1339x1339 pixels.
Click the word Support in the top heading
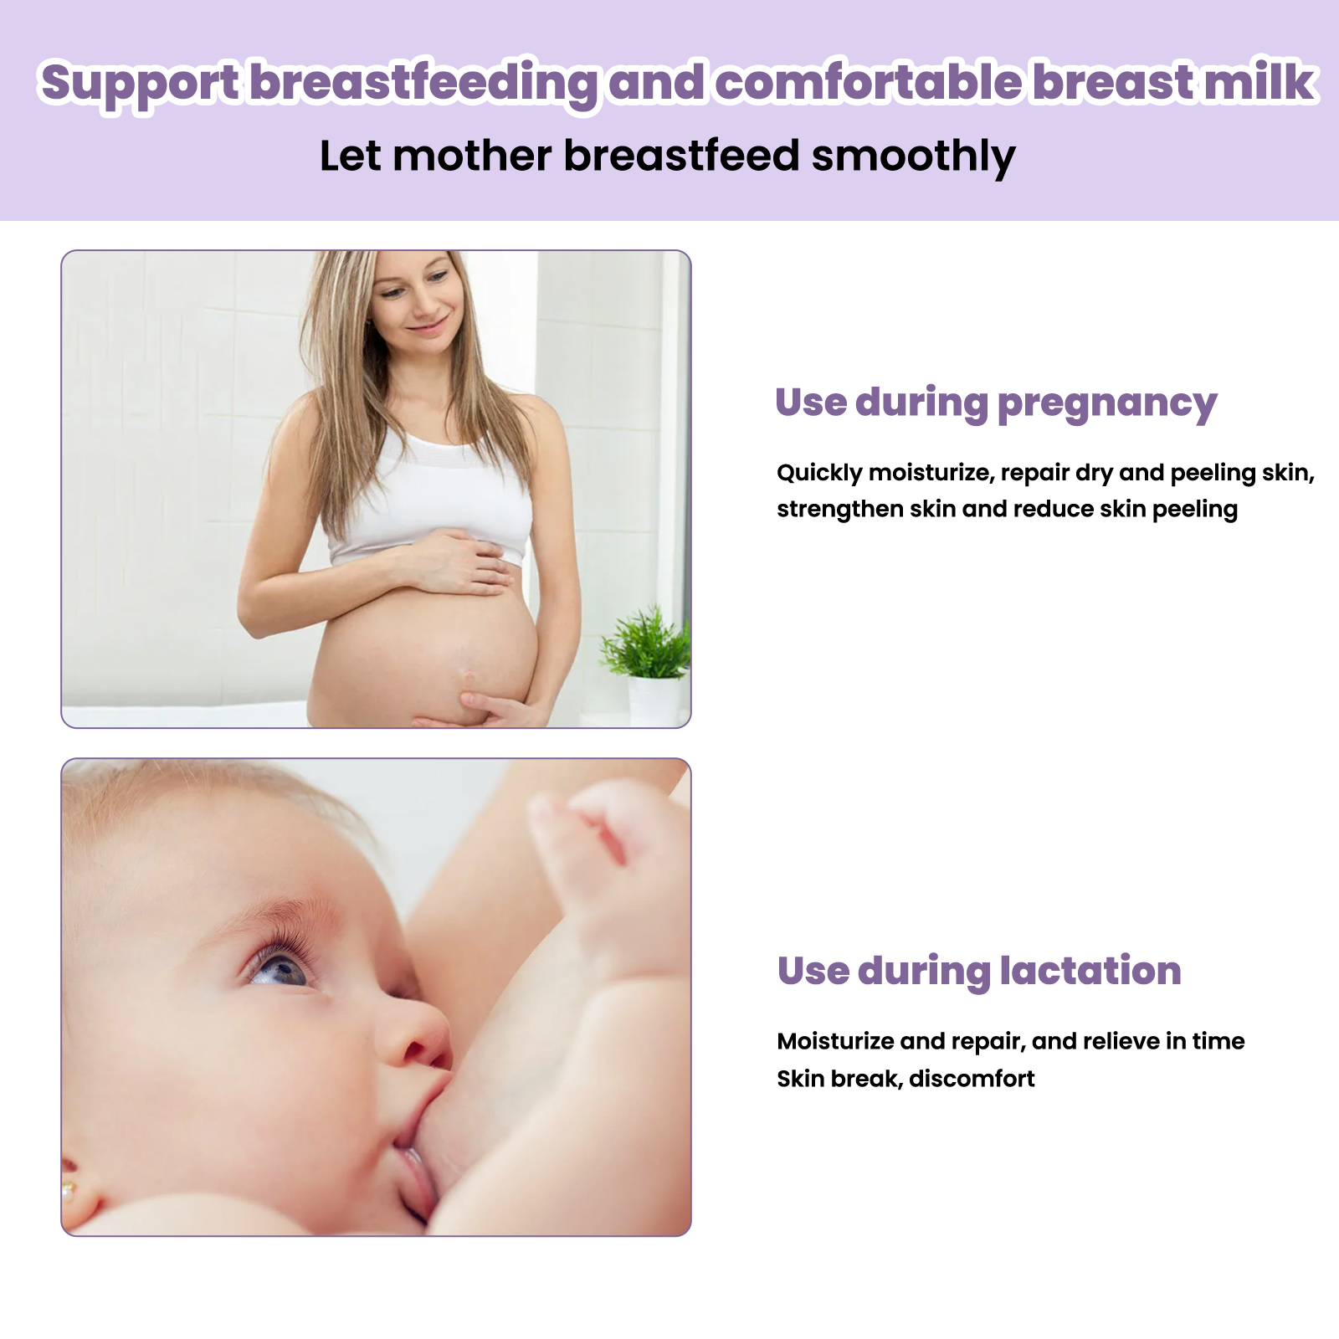coord(141,84)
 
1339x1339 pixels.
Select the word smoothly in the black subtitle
coord(914,156)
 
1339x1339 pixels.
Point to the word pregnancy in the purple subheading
coord(1107,404)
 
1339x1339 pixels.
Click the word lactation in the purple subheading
coord(1090,971)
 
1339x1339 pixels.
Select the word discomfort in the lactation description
coord(972,1079)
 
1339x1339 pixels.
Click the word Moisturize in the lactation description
coord(835,1041)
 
